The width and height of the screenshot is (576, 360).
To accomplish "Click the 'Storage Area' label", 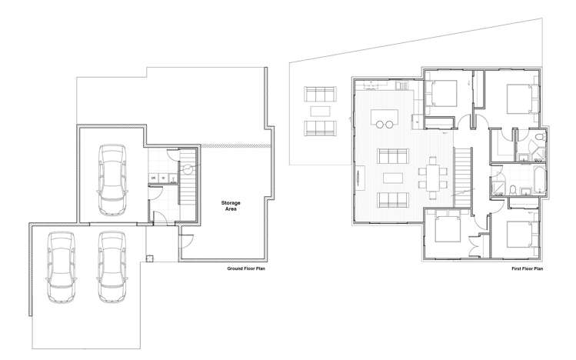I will point(231,205).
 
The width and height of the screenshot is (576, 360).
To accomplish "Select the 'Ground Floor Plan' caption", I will point(245,269).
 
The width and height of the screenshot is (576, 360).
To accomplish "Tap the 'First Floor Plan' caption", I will point(527,269).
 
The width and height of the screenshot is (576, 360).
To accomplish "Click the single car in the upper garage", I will point(112,180).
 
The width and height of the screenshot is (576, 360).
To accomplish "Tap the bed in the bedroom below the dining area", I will point(444,230).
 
